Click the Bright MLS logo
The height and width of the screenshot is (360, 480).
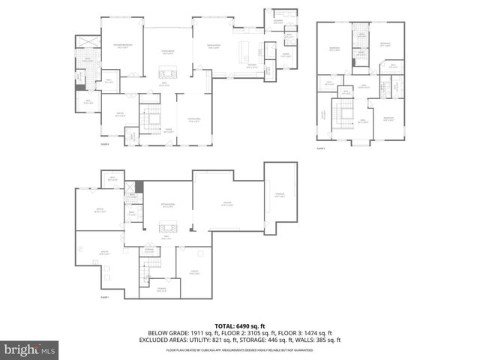30,349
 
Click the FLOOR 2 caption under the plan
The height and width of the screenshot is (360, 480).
105,144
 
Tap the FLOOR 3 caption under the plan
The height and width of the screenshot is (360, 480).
320,148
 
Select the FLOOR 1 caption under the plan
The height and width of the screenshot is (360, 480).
106,297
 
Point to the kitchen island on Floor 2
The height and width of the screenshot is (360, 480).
244,53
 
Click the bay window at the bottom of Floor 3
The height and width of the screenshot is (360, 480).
362,141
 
